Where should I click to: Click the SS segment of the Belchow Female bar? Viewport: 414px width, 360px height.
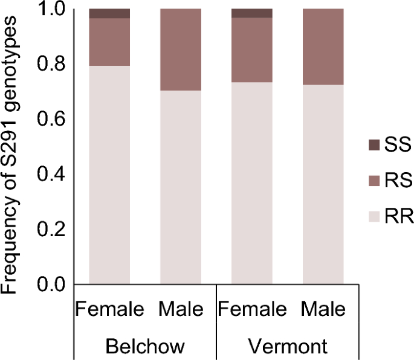click(x=109, y=13)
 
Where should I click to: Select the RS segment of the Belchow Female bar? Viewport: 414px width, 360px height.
click(x=109, y=42)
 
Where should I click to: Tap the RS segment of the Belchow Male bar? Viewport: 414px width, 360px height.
click(x=180, y=50)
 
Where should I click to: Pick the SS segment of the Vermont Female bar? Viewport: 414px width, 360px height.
click(x=251, y=13)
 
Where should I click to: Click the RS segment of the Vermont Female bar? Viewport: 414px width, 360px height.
click(x=251, y=50)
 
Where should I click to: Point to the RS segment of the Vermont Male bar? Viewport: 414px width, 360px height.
click(x=323, y=47)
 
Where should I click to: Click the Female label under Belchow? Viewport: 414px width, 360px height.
click(x=109, y=310)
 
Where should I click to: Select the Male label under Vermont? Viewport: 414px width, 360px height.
click(x=323, y=310)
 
